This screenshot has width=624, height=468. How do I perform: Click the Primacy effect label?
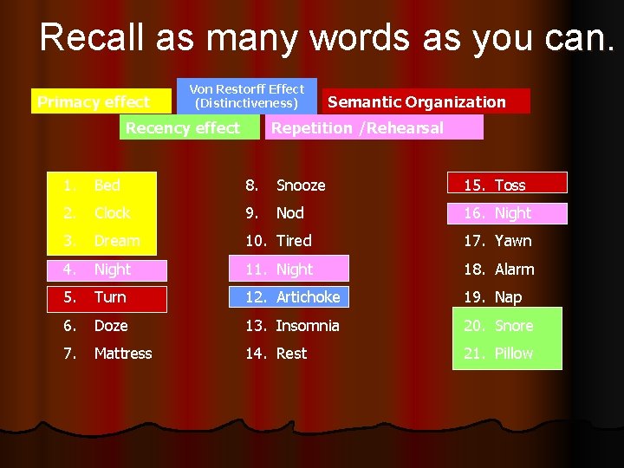[x=94, y=102]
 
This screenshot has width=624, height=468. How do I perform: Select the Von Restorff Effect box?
[x=247, y=96]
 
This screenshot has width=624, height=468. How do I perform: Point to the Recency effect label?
[x=182, y=128]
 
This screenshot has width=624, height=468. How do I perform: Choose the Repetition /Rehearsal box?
[x=357, y=128]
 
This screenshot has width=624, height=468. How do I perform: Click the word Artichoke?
[x=308, y=297]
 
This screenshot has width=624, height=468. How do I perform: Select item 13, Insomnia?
[x=307, y=326]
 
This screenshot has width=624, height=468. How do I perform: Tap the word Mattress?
[x=122, y=354]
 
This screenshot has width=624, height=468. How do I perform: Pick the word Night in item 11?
[x=294, y=270]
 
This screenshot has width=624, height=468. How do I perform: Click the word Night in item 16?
[x=512, y=213]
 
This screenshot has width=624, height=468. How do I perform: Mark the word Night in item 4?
[x=112, y=270]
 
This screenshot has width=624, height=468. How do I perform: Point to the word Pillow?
[x=513, y=354]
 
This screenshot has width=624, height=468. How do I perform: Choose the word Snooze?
[x=300, y=185]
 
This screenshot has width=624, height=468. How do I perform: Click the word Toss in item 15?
[x=510, y=185]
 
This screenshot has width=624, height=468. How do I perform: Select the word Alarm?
[x=514, y=270]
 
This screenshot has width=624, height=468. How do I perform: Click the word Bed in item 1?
[x=107, y=185]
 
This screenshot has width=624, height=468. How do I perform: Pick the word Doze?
[x=110, y=326]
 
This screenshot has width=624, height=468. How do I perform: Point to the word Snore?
[x=513, y=326]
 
